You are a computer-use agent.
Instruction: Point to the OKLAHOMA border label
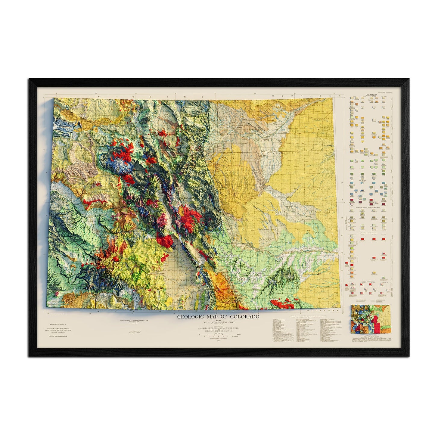pos(321,310)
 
